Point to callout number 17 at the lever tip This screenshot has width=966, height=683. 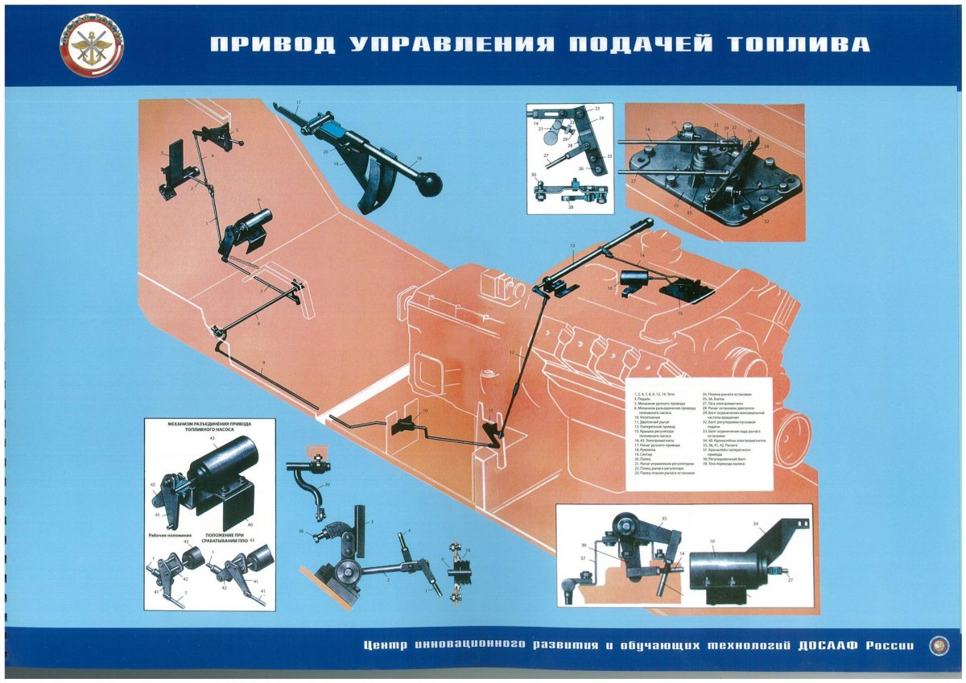[x=298, y=102]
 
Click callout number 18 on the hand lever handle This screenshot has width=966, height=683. [x=419, y=159]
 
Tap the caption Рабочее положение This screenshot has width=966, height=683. [x=171, y=534]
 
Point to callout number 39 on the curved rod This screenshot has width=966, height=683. [x=328, y=485]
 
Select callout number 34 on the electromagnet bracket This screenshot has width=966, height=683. [x=778, y=524]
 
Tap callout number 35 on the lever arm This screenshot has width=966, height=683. [x=664, y=519]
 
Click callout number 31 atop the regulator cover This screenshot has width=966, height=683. [x=674, y=122]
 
